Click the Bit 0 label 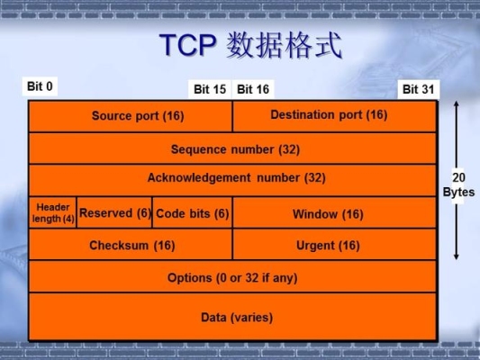click(x=40, y=86)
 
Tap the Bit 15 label click(x=210, y=89)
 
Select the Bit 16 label click(x=253, y=89)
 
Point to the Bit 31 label click(x=418, y=89)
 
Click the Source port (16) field click(x=131, y=116)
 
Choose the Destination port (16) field click(x=334, y=116)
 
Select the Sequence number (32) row click(x=232, y=148)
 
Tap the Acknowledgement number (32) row click(x=232, y=181)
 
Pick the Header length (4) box click(x=52, y=212)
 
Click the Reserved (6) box click(x=114, y=212)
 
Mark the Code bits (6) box click(x=192, y=212)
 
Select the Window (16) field click(x=334, y=212)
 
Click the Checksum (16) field click(x=131, y=245)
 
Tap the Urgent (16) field click(x=334, y=245)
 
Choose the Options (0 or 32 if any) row click(x=232, y=276)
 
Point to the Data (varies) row click(x=232, y=317)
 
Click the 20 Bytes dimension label click(x=458, y=185)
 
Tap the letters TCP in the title click(x=187, y=45)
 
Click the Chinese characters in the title click(x=284, y=45)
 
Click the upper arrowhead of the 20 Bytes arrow click(x=456, y=104)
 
